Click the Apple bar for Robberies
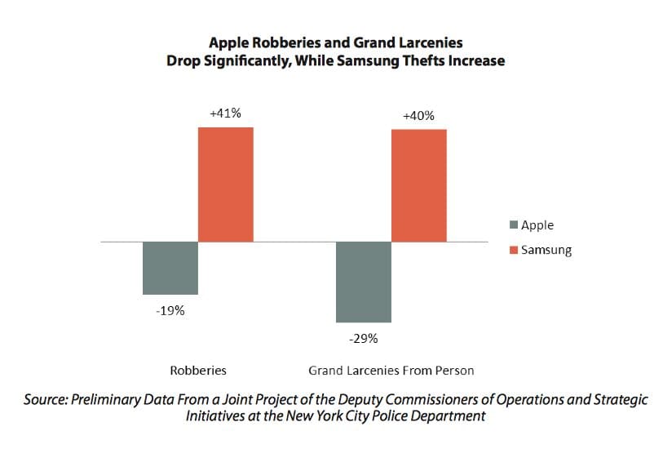[x=170, y=268]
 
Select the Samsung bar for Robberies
[x=226, y=184]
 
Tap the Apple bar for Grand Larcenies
[x=364, y=282]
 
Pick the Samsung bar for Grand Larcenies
[x=419, y=185]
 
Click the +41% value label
[x=225, y=113]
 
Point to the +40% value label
[x=418, y=118]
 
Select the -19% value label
[x=170, y=310]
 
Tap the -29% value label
[x=364, y=338]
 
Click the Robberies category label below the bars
[x=198, y=370]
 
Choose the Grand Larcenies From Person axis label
[x=391, y=370]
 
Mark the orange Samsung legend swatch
[x=513, y=250]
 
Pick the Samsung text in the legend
[x=546, y=250]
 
